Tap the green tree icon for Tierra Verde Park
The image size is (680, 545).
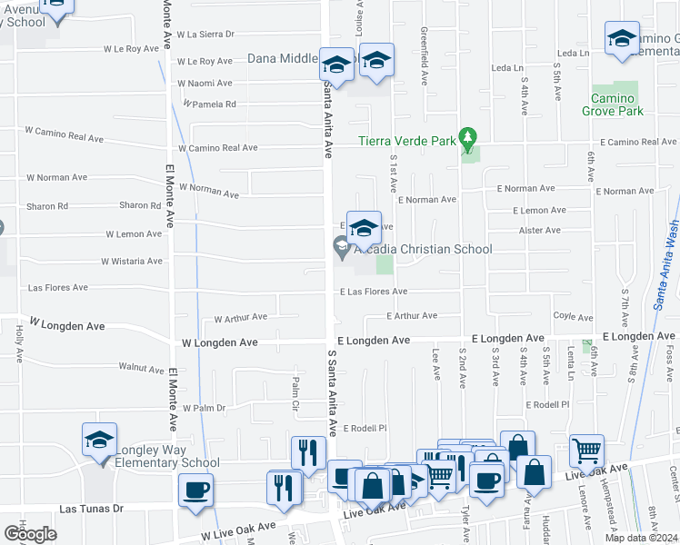(468, 139)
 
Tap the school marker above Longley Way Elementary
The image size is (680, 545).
(100, 441)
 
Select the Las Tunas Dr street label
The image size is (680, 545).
(91, 510)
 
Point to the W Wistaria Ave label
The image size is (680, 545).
(134, 261)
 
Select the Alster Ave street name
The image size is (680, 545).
(540, 230)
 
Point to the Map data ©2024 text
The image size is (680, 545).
(642, 538)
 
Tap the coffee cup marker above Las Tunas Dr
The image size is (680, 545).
(195, 491)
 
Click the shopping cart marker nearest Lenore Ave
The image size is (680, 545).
(587, 450)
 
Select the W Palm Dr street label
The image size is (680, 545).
(204, 408)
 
